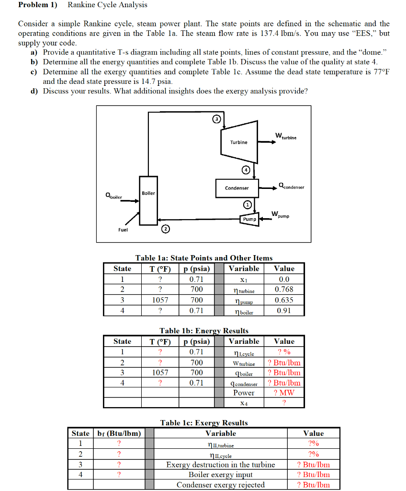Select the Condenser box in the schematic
(x=237, y=188)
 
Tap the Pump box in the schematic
(x=249, y=219)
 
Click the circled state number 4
(x=246, y=170)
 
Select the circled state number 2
(x=165, y=230)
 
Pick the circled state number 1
(x=247, y=205)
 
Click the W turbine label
(x=285, y=136)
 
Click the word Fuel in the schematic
(x=123, y=230)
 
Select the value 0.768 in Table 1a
(x=284, y=290)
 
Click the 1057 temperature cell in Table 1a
(x=160, y=300)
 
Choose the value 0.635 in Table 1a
(x=284, y=300)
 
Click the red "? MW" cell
(x=284, y=393)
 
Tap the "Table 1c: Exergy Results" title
(x=204, y=423)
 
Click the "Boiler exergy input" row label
(x=220, y=475)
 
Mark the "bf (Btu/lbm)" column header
(x=119, y=433)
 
